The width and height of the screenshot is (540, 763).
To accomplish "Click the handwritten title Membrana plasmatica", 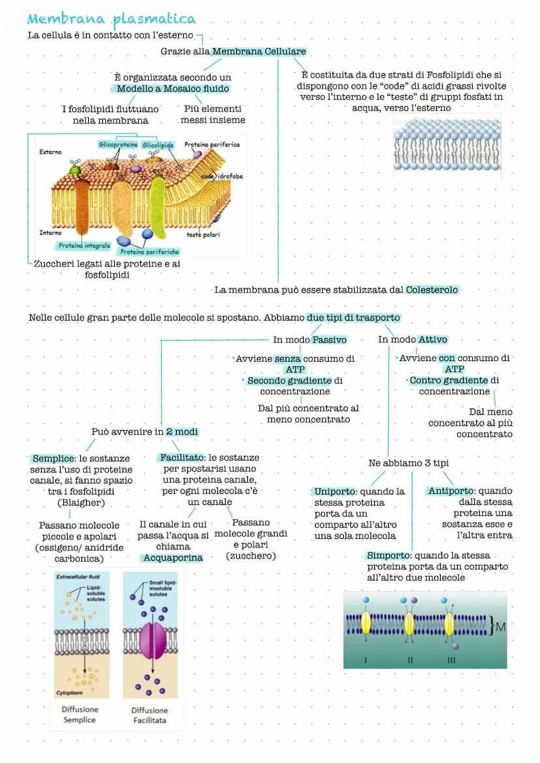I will point(112,18).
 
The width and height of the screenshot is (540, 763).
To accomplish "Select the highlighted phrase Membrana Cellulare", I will point(259,51).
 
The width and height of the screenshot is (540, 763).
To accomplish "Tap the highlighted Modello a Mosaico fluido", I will point(173,89).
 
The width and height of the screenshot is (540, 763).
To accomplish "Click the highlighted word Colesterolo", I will point(432,290).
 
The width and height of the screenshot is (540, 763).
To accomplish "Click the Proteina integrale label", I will point(84,246).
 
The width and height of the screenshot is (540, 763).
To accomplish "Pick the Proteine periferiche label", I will point(149,252).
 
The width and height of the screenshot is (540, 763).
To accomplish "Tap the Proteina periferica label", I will point(211,145).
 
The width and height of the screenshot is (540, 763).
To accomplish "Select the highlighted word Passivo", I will point(329,339).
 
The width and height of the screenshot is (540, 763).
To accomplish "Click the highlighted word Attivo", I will point(432,339).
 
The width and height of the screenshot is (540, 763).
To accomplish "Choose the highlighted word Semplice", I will point(52,459).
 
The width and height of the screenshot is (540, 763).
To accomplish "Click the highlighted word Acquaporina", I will point(173,558).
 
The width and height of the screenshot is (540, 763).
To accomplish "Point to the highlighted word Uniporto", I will point(335,491).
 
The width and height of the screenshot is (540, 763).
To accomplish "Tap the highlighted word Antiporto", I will point(451,491).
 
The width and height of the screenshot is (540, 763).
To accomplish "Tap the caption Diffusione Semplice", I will point(80,715).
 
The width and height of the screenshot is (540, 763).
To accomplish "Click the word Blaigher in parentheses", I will point(82,503).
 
